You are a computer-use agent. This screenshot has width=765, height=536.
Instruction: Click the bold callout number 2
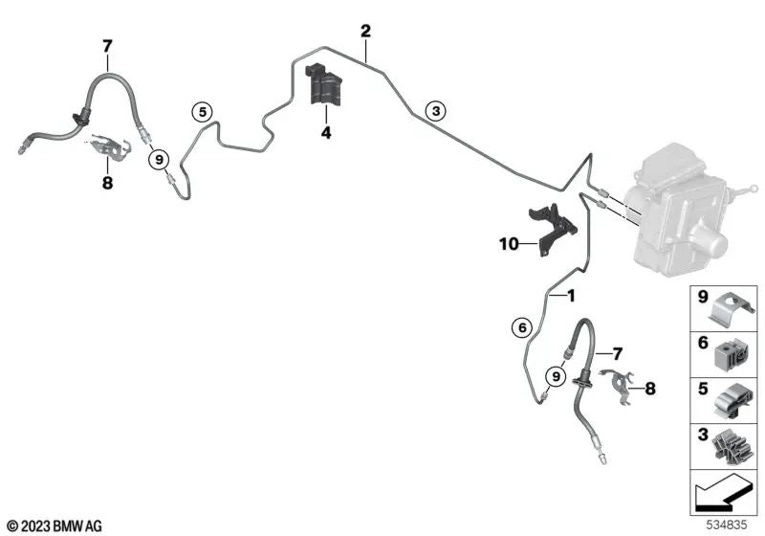(x=365, y=32)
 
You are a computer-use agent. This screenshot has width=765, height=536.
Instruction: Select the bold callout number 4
(x=326, y=132)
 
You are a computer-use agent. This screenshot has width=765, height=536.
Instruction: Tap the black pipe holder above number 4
(x=323, y=84)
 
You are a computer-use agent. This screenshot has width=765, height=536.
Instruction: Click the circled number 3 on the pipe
(x=436, y=111)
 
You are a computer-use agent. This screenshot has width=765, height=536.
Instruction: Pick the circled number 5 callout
(x=202, y=112)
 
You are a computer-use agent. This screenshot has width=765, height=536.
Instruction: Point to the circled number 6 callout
(x=522, y=327)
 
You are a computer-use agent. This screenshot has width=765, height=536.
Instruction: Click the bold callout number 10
(x=509, y=243)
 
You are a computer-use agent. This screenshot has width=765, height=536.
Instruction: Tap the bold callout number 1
(x=570, y=296)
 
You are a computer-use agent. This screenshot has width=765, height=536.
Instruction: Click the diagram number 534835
(x=727, y=525)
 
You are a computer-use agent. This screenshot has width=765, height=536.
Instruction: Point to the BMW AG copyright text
(x=55, y=526)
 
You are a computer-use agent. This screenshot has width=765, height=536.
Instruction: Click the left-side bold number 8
(x=107, y=183)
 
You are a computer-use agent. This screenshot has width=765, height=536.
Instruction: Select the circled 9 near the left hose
(x=159, y=160)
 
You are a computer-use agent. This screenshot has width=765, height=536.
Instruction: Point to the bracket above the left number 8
(x=109, y=147)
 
